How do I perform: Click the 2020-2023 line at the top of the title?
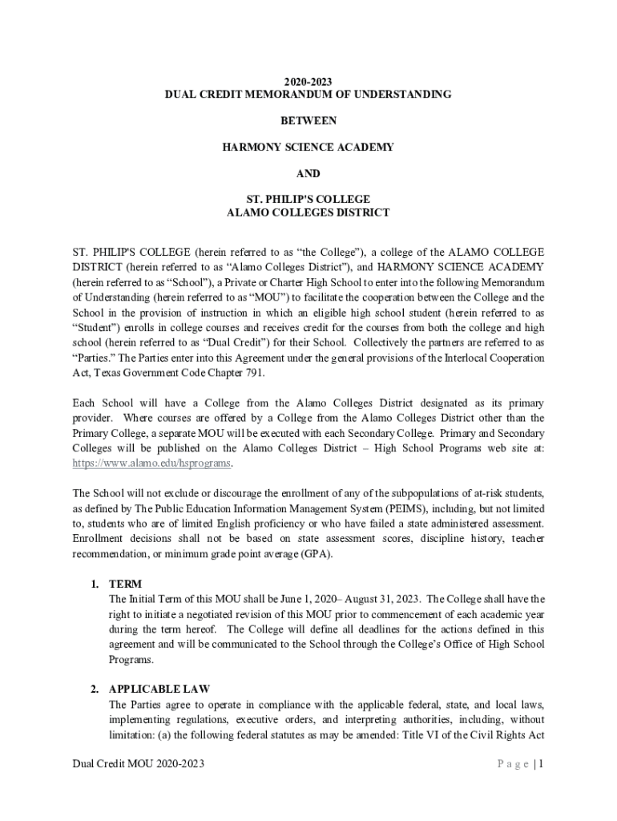coord(308,81)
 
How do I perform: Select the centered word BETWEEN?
coord(308,121)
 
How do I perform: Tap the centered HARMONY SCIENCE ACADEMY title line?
coord(308,148)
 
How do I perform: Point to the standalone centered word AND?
coord(308,174)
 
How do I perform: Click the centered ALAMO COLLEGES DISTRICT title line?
coord(308,213)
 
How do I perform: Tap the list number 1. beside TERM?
coord(95,584)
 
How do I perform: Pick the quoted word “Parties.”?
coord(94,358)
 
